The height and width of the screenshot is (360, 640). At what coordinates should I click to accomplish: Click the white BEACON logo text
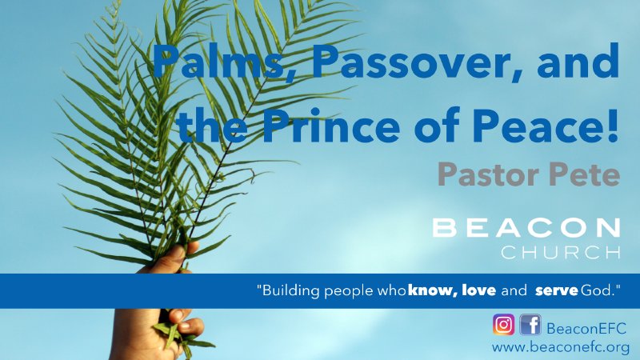pos(526,227)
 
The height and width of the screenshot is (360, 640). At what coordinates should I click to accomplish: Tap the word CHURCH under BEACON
pos(560,253)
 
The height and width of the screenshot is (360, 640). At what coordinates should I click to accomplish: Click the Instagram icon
pos(503,326)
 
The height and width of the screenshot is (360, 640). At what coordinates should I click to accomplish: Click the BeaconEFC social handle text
pos(586,327)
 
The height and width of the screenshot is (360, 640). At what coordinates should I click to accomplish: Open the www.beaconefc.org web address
pos(560,348)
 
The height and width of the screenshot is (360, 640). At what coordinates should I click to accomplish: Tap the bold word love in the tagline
pos(477,290)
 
